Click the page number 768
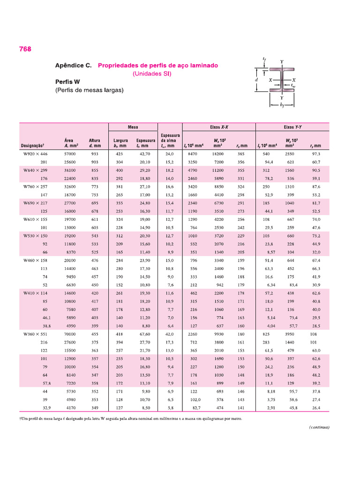[25, 49]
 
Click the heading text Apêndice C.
[74, 66]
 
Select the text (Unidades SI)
[152, 74]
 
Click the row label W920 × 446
[36, 154]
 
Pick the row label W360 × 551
[36, 334]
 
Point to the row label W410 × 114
[36, 292]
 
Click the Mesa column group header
[134, 127]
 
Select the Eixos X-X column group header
[218, 127]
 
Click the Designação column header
[32, 146]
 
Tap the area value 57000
[70, 154]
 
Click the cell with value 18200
[218, 154]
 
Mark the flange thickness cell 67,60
[145, 334]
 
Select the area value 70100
[70, 334]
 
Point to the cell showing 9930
[219, 334]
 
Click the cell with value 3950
[290, 334]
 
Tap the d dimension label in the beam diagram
[256, 80]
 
